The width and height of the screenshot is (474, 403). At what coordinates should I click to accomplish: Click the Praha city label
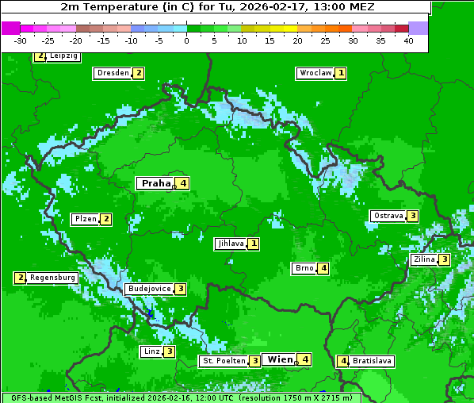[155, 183]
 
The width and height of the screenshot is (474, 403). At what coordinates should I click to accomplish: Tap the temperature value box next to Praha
[183, 183]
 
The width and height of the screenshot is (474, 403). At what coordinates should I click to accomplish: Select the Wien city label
[279, 359]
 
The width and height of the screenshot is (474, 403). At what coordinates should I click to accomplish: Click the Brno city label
[304, 268]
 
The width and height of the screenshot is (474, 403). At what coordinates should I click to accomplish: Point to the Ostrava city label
[388, 216]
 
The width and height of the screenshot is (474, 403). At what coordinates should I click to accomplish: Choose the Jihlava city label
[229, 244]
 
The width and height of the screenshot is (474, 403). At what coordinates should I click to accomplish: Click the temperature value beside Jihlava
[253, 244]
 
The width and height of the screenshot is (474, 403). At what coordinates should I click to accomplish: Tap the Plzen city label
[85, 219]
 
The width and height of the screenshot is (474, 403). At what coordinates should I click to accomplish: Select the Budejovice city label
[148, 289]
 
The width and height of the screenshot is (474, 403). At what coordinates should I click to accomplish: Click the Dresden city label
[113, 73]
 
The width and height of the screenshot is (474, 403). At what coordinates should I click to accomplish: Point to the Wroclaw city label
[315, 73]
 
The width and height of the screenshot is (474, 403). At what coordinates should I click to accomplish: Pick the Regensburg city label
[53, 278]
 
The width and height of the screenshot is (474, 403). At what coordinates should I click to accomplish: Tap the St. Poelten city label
[223, 361]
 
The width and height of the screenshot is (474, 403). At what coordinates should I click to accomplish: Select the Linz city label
[151, 351]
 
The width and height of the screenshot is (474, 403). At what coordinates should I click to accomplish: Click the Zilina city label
[424, 259]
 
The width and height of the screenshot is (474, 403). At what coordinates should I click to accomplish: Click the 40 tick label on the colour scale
[408, 40]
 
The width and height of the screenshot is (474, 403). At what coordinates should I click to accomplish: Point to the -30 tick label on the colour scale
[21, 40]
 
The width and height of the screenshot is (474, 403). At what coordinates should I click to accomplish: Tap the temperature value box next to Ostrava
[413, 216]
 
